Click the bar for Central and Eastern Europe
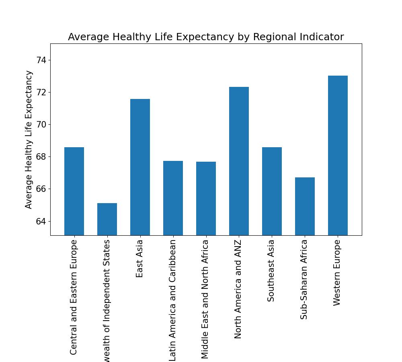click(x=74, y=191)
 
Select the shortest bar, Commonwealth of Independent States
click(x=107, y=219)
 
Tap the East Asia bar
click(x=140, y=167)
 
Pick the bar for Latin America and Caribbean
click(x=173, y=198)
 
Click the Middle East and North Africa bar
click(x=206, y=198)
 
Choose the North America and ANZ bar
click(x=239, y=161)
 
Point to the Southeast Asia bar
click(x=272, y=191)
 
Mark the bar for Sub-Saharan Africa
click(x=305, y=206)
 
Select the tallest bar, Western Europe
click(x=338, y=155)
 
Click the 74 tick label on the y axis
click(x=41, y=60)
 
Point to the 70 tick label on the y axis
click(x=41, y=125)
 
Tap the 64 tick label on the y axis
click(x=41, y=222)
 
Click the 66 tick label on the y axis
click(x=41, y=189)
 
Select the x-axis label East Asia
click(x=140, y=259)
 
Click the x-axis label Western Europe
click(x=337, y=272)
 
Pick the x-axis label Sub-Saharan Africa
click(x=304, y=279)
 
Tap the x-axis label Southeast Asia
click(x=271, y=270)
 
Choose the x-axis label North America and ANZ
click(x=238, y=289)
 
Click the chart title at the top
click(x=206, y=37)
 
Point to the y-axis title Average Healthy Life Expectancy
click(x=29, y=139)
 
